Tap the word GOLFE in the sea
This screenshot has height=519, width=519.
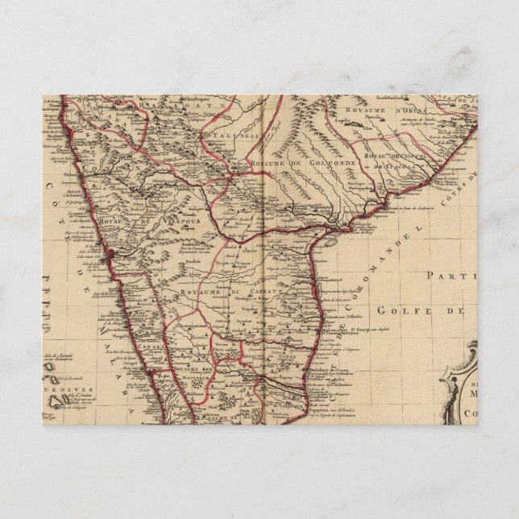point(400,310)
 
